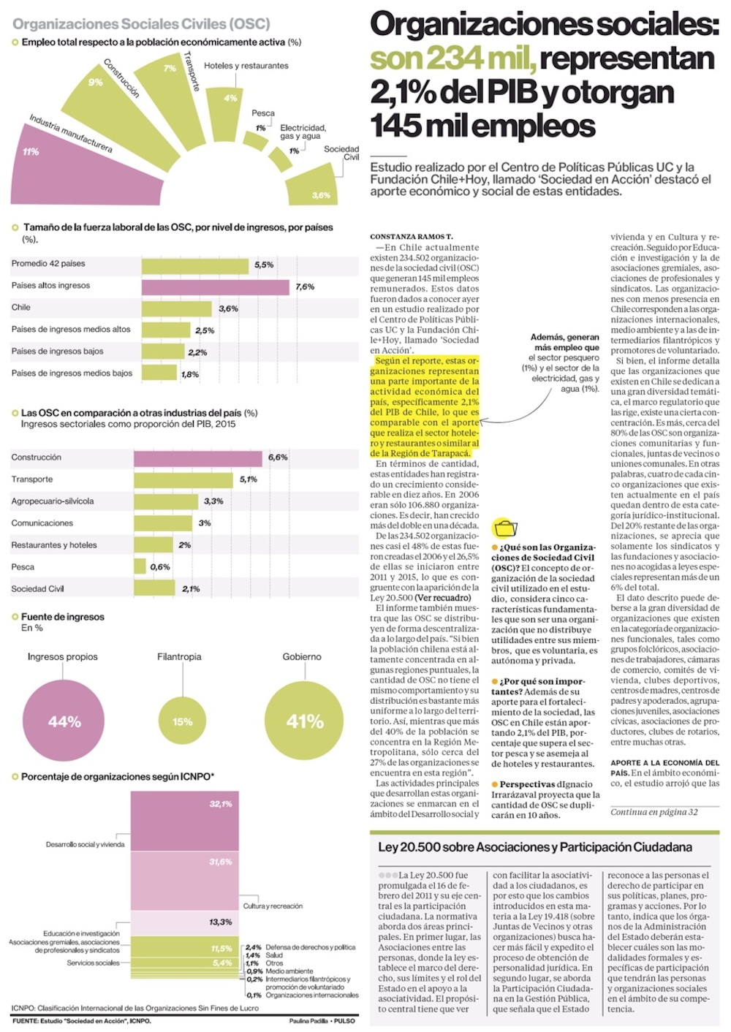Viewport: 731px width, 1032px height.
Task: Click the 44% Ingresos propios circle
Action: (x=64, y=721)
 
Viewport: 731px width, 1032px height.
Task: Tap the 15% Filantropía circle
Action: (x=182, y=721)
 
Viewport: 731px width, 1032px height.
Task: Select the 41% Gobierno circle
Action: (x=304, y=721)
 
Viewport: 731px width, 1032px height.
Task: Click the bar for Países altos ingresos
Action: (x=216, y=287)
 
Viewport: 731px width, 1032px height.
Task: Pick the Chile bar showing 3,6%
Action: (x=176, y=308)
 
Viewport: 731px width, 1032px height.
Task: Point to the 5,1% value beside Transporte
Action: (x=249, y=479)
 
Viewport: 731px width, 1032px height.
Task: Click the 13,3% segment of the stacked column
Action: (x=185, y=922)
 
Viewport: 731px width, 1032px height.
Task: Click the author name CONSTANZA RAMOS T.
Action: (x=411, y=237)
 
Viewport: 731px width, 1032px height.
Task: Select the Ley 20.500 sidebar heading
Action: (x=534, y=847)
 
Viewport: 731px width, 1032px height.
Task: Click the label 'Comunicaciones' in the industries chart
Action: (x=42, y=523)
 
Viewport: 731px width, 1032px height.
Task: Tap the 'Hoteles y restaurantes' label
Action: (x=246, y=66)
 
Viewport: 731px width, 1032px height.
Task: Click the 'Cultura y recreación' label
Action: (x=273, y=906)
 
